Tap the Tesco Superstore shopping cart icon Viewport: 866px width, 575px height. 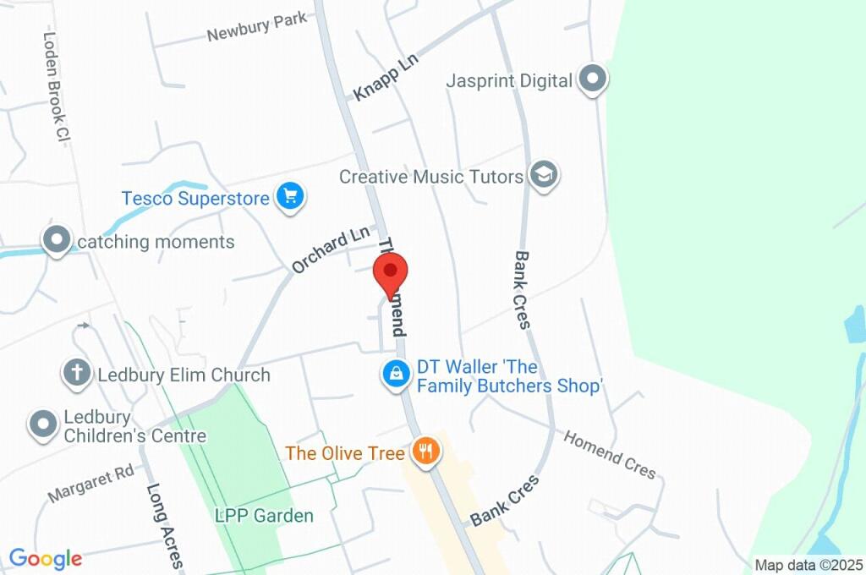[291, 198]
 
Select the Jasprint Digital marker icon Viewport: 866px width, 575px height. [594, 80]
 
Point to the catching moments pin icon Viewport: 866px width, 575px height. [58, 240]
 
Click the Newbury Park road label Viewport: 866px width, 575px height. [257, 28]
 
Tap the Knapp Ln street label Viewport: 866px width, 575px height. [386, 79]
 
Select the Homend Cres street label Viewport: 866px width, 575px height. [610, 455]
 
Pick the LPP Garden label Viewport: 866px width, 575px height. [264, 515]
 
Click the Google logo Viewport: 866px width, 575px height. [46, 558]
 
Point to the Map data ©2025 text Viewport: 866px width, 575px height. [808, 565]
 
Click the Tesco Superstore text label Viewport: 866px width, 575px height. [195, 198]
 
